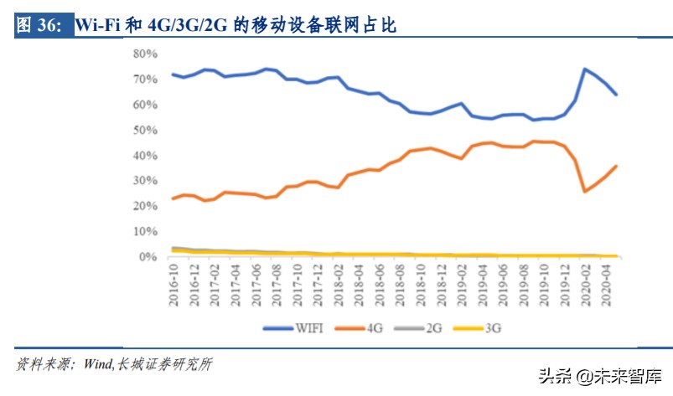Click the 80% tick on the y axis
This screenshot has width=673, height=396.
tap(145, 54)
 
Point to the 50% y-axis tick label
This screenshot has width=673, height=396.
tap(145, 130)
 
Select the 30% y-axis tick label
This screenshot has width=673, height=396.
tap(145, 181)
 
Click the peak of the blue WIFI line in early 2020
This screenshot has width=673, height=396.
tap(584, 69)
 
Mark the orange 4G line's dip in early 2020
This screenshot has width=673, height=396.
tap(584, 192)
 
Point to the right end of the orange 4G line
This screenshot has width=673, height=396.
tap(617, 166)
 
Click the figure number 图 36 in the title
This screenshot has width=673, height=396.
tap(39, 26)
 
